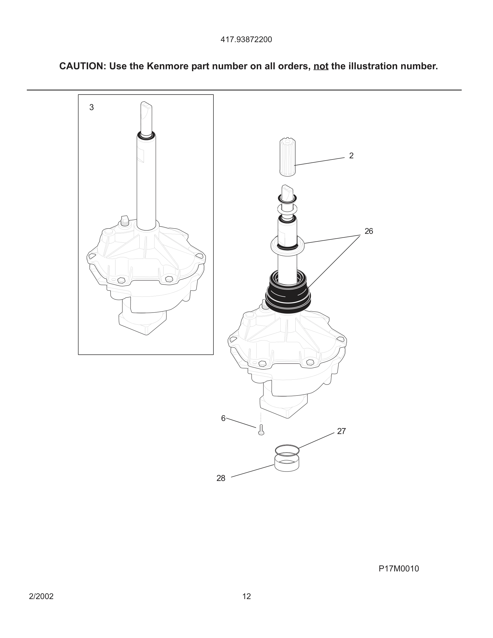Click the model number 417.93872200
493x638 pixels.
[246, 40]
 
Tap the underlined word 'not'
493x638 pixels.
[321, 66]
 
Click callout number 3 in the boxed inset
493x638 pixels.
[91, 107]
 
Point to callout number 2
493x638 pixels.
[351, 156]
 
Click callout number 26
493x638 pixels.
[369, 231]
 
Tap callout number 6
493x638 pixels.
[223, 418]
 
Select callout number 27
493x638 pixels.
[341, 431]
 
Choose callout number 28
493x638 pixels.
[221, 478]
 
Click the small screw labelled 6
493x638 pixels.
[261, 430]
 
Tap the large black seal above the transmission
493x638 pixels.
[288, 295]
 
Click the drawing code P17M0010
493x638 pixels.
[399, 568]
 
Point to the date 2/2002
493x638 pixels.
[41, 596]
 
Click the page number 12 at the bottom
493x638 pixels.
[247, 596]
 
